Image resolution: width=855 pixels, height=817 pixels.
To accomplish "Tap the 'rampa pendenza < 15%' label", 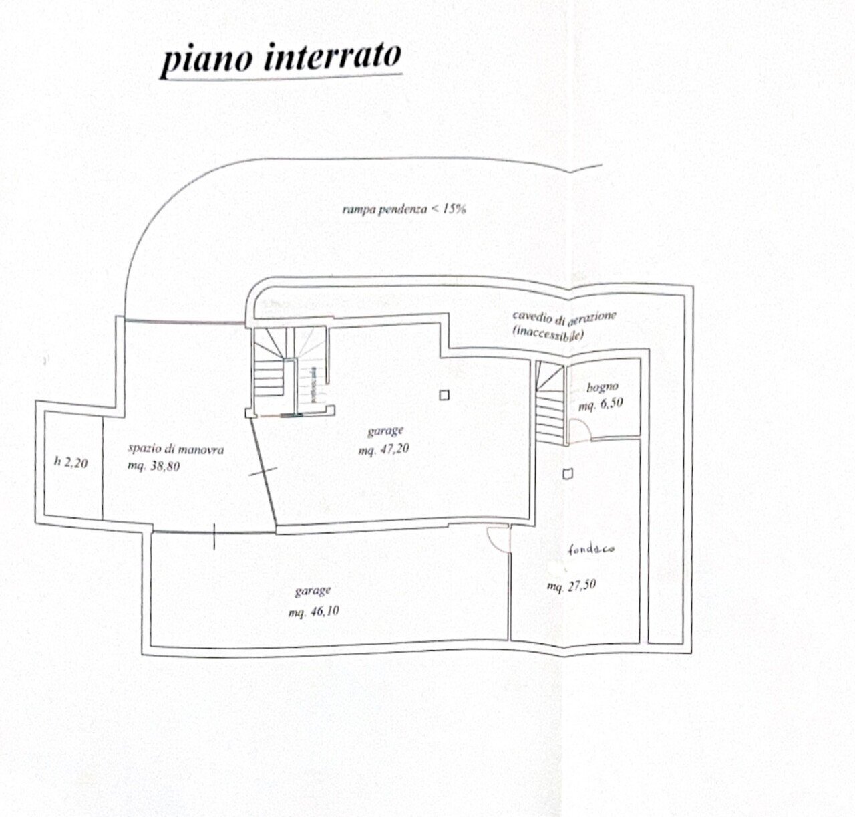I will [403, 209].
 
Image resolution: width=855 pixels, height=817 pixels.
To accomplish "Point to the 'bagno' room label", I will [603, 387].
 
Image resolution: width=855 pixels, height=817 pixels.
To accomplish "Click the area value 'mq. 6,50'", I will [601, 404].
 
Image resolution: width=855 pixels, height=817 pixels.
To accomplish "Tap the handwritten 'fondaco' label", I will [591, 551].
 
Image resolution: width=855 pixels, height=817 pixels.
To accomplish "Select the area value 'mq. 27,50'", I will [571, 586].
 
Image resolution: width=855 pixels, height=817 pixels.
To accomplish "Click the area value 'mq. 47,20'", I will [383, 449].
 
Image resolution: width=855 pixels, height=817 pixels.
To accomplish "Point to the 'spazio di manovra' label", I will [176, 449].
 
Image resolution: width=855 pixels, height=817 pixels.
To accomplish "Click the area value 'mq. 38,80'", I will [154, 466].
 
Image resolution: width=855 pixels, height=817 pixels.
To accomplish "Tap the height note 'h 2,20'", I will [70, 461].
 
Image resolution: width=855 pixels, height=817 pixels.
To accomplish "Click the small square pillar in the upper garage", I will [444, 395].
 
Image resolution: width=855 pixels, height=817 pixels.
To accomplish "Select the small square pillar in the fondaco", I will [568, 474].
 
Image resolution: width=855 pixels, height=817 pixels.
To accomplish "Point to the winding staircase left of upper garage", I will [270, 368].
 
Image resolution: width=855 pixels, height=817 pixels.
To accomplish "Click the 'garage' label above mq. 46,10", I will [313, 591].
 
